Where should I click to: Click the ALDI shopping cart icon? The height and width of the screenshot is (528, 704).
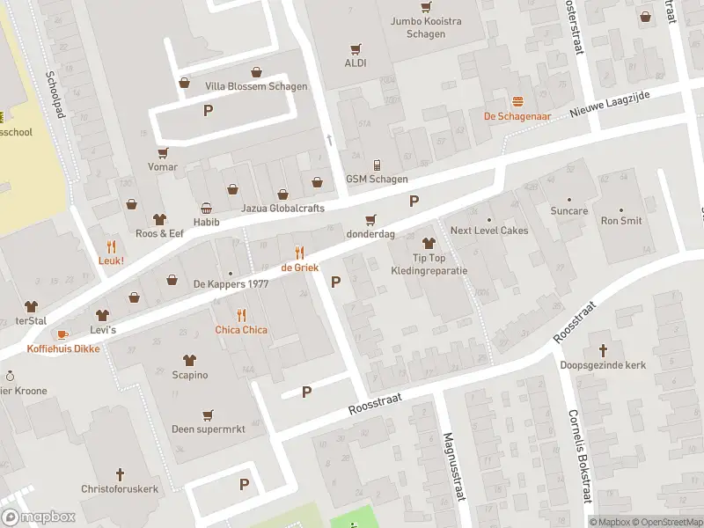coord(356,49)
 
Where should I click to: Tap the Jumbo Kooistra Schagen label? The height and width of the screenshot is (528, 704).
coord(425,27)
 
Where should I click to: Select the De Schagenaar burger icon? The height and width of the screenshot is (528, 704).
coord(517,102)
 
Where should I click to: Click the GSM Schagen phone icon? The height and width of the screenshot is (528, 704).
coord(377,165)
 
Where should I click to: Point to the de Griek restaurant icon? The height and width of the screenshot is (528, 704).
coord(298,252)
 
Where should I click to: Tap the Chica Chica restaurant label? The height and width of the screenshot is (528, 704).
coord(241,330)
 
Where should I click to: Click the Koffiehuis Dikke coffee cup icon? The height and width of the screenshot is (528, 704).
coord(62,334)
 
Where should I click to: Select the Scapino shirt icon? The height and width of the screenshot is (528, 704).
coord(189,360)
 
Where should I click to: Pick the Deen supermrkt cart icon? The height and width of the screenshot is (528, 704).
coord(208,415)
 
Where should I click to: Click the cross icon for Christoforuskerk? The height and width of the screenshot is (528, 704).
coord(119,473)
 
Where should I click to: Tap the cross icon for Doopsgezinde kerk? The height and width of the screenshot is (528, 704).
coord(603,349)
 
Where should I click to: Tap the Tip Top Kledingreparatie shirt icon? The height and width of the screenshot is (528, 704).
coord(429,242)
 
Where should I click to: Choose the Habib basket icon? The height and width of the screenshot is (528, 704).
coord(206,209)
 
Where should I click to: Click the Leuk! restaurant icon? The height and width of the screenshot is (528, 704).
coord(111,246)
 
